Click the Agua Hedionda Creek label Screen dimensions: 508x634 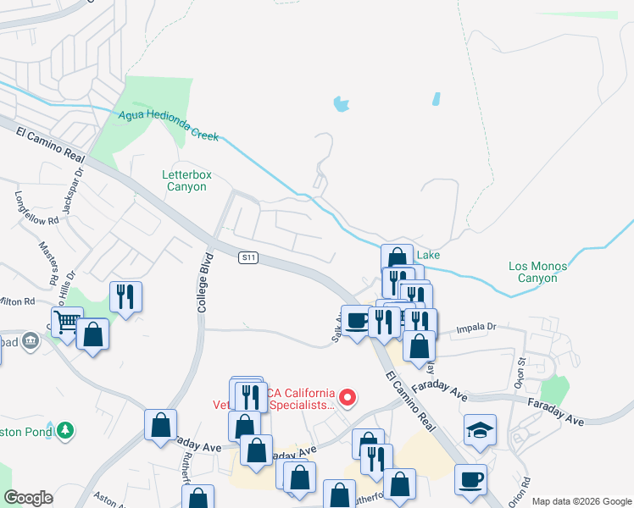coord(169,125)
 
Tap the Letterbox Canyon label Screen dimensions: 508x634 coord(185,180)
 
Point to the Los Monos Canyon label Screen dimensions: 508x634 coord(538,272)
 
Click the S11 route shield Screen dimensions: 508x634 coord(247,257)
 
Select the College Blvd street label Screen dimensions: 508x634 coord(203,282)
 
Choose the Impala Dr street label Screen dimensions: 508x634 coord(475,326)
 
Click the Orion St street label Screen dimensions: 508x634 coord(520,370)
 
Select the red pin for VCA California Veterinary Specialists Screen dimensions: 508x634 coord(347,396)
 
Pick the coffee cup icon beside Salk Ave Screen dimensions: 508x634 coord(357,319)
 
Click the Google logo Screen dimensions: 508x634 coord(29,498)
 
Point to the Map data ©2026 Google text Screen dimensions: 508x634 coord(581,501)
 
